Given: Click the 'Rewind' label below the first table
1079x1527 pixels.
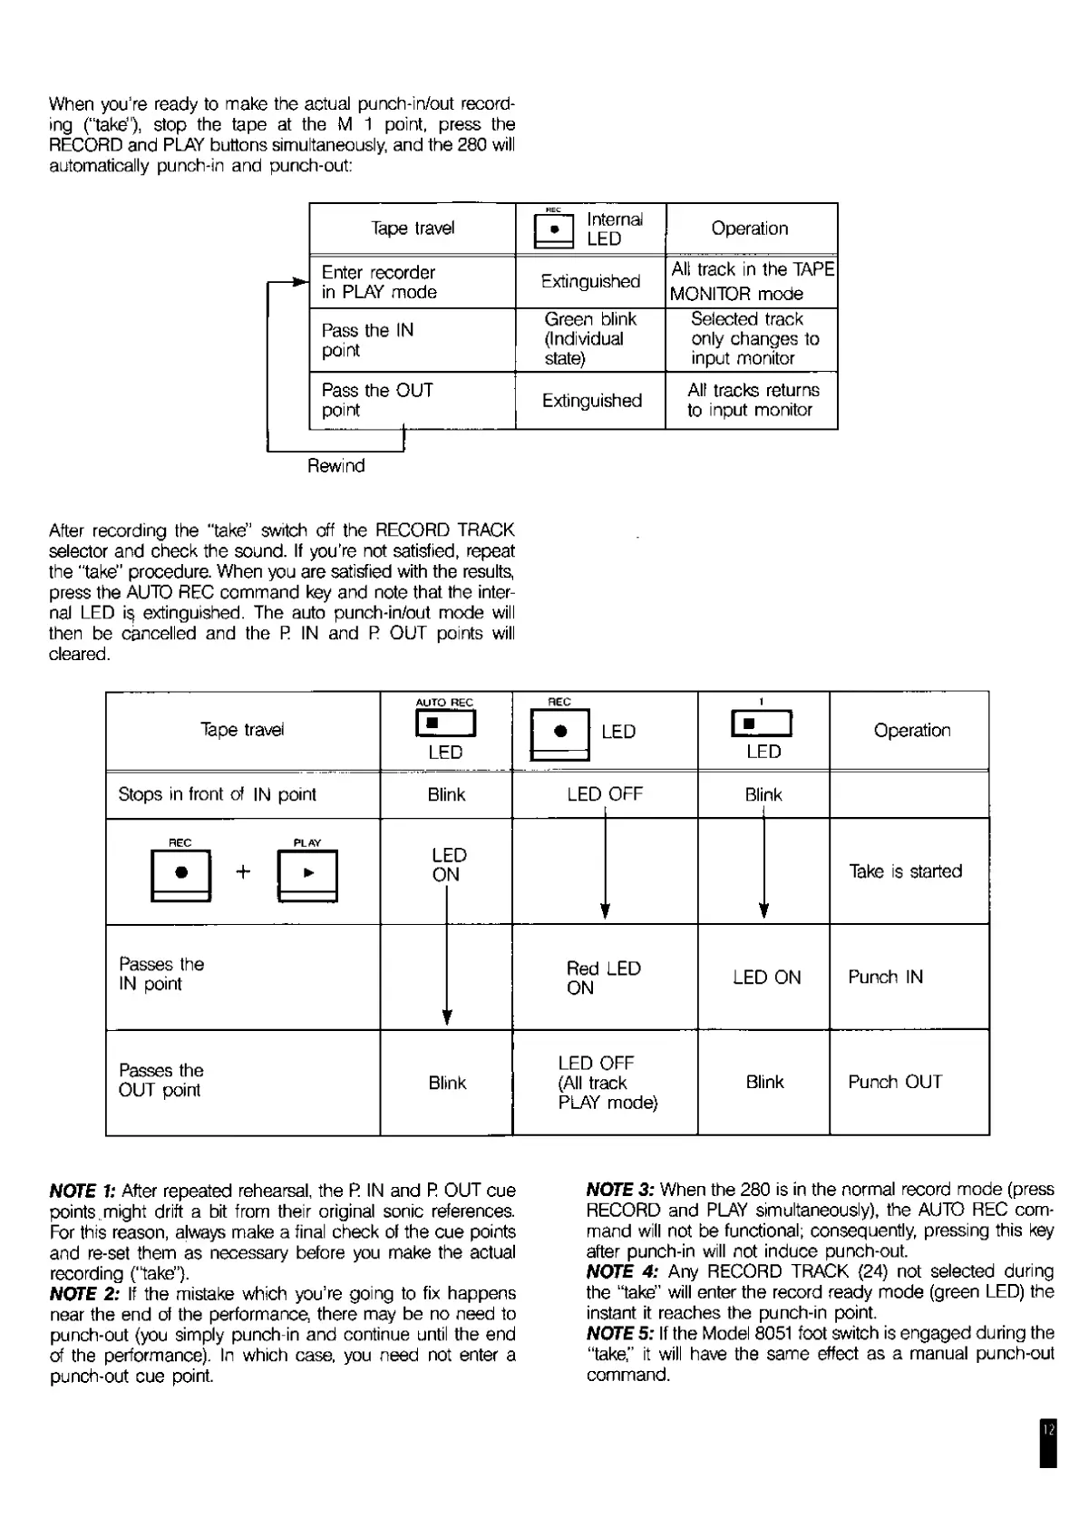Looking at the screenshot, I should (335, 466).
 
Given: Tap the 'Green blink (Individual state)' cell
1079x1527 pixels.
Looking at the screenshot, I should (590, 339).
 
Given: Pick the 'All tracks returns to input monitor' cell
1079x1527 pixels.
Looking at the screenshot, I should (752, 400).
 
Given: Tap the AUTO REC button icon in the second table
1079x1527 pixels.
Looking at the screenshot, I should (445, 724).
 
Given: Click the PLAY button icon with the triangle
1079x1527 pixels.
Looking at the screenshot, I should (308, 874).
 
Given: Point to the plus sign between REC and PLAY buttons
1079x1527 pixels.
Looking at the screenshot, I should (243, 872).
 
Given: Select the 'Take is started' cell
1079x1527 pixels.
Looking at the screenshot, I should (905, 871).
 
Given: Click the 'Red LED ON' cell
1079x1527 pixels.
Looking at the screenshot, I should (603, 977).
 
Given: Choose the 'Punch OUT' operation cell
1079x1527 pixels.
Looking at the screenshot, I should (895, 1082).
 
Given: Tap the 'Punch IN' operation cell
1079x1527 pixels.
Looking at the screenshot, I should (885, 977).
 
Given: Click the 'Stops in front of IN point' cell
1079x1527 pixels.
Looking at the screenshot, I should (218, 794).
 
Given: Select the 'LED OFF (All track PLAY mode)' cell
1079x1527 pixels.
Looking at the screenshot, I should (607, 1083).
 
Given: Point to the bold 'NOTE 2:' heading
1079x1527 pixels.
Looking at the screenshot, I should (83, 1293).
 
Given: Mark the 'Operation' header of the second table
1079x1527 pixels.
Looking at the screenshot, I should (911, 731).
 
